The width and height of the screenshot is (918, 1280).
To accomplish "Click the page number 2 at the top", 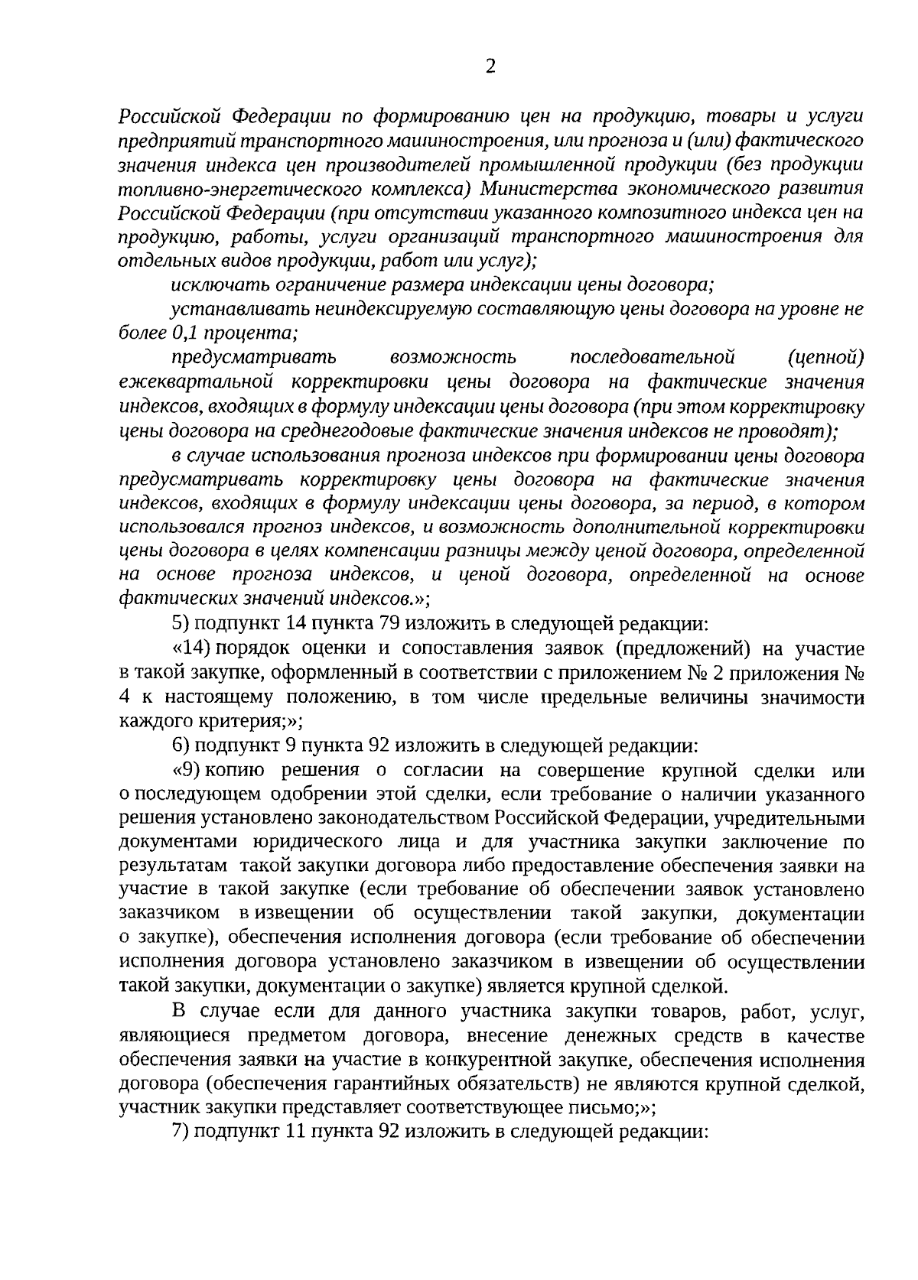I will [x=490, y=67].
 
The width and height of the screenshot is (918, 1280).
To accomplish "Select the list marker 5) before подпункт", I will [x=180, y=624].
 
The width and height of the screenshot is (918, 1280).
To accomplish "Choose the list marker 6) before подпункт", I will [x=180, y=746].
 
